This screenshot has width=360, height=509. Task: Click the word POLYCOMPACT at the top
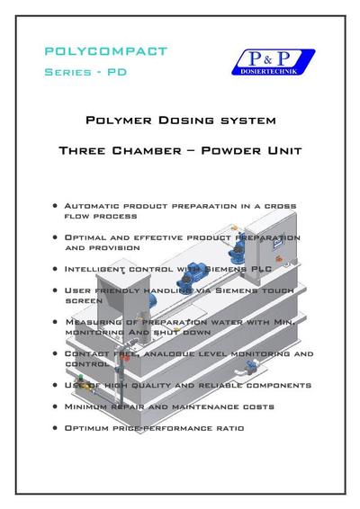(x=105, y=50)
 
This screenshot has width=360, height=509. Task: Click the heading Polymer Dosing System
(x=180, y=120)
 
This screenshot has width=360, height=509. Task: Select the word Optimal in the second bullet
(x=86, y=237)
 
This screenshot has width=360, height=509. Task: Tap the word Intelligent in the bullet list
(x=97, y=268)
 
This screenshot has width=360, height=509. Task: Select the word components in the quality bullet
(x=274, y=385)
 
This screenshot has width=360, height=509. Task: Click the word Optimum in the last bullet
(x=89, y=428)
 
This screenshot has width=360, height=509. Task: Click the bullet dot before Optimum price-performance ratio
(x=57, y=428)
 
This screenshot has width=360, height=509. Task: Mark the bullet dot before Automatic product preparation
(x=57, y=206)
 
